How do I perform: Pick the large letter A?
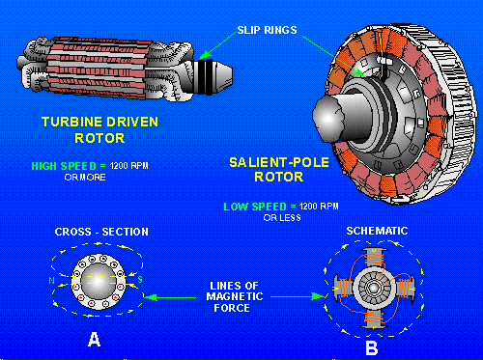click(x=93, y=338)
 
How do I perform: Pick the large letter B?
click(x=373, y=344)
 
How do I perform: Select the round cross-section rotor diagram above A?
click(x=94, y=281)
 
